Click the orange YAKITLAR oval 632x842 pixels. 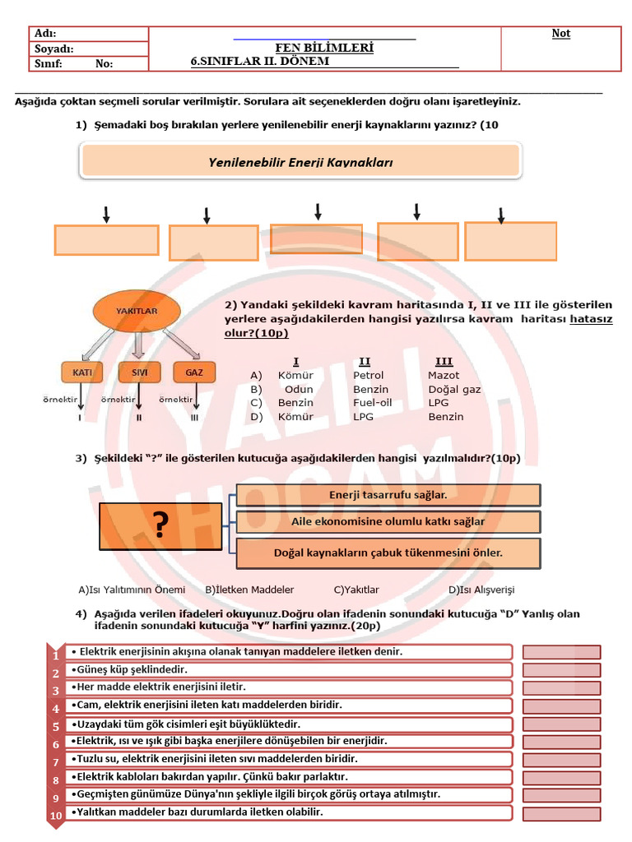137,312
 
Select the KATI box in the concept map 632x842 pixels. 82,372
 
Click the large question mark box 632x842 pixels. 161,526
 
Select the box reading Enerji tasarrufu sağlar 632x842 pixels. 388,495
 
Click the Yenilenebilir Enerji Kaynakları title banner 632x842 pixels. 300,162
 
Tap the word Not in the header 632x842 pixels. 561,34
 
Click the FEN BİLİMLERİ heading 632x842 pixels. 324,48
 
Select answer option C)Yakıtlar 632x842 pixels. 356,590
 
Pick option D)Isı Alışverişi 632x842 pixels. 481,590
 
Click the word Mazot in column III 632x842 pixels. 444,376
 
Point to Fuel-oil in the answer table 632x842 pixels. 373,403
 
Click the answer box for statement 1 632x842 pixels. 562,652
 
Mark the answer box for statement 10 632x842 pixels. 562,813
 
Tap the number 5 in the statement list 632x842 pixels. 56,727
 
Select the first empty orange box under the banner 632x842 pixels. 106,240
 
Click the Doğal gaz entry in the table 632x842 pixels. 454,390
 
